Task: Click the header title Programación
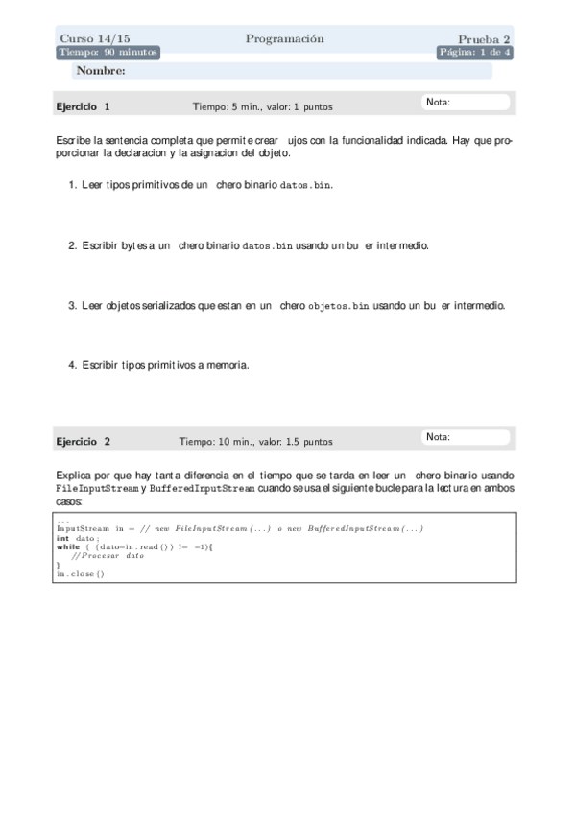[284, 39]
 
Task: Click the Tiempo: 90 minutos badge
[108, 53]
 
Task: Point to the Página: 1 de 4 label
[475, 53]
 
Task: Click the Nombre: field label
[100, 71]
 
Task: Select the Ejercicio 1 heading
[84, 106]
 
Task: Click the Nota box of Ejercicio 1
[467, 103]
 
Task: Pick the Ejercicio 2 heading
[84, 442]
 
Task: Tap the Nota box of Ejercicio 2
[467, 438]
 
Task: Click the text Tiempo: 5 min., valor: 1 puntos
[263, 107]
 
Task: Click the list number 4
[72, 365]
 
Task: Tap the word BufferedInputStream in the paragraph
[203, 489]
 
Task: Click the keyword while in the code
[68, 546]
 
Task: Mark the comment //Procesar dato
[107, 556]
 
